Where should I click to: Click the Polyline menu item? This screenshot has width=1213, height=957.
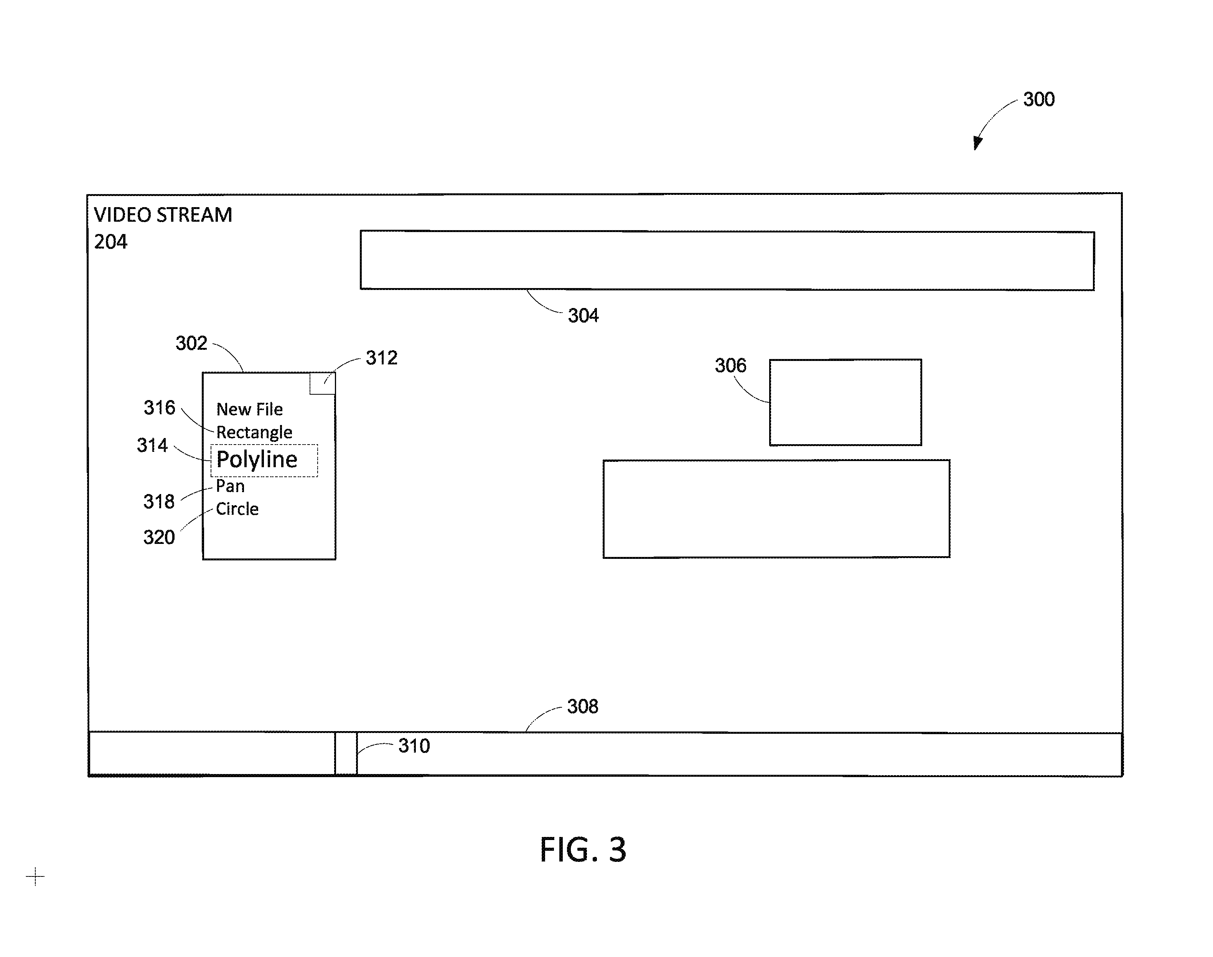point(257,460)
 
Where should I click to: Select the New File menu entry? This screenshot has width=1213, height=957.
point(249,410)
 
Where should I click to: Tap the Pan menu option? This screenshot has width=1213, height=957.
point(230,486)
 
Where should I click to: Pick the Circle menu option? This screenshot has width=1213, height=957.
point(237,509)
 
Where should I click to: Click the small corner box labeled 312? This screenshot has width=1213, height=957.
point(323,383)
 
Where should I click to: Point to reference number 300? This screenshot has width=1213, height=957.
point(1039,99)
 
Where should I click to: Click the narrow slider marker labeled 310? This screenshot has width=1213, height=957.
point(346,754)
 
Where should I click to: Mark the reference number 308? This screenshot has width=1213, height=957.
point(583,707)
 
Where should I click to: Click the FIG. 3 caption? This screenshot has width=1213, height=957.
point(583,850)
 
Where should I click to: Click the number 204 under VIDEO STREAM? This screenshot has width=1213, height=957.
point(110,242)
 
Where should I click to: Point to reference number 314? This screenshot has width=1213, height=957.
point(152,445)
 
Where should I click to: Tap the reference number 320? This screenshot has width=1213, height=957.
point(159,537)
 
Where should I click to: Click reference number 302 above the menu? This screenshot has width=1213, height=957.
point(191,343)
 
